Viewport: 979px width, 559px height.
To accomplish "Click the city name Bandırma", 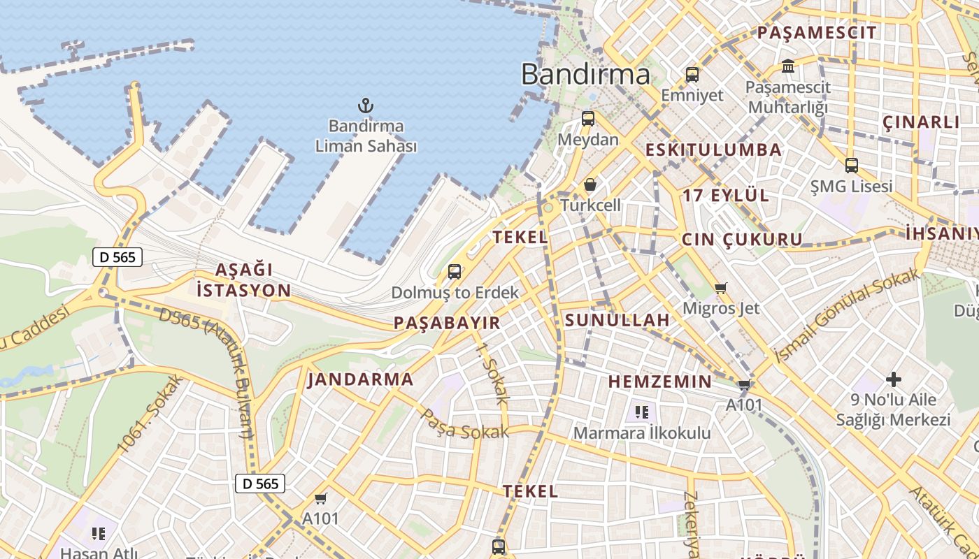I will click(585, 74).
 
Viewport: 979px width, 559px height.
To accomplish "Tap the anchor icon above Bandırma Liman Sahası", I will click(366, 106).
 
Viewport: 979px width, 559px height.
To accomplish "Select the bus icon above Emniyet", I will click(692, 75).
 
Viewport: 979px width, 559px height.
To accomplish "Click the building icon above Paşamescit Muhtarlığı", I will click(788, 66).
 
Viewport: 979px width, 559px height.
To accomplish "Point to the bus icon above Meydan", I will click(588, 119).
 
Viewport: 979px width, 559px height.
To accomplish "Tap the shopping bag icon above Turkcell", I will click(590, 184).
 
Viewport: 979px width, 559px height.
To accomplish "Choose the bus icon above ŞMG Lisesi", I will click(851, 166).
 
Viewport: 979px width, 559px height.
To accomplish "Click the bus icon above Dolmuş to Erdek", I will click(455, 272).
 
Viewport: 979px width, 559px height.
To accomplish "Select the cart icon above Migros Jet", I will click(721, 288).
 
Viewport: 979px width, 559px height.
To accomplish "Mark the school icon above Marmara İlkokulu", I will click(642, 412).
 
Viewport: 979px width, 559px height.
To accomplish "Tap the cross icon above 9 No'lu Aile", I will click(893, 379).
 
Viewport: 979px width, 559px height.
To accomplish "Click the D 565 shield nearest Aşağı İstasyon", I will click(117, 257).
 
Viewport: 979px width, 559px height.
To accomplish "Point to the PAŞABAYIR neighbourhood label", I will click(447, 323).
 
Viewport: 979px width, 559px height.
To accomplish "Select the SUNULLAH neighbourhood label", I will click(617, 321).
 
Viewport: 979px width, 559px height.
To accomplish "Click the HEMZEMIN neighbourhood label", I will click(659, 382).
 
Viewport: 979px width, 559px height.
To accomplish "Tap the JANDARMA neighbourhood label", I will click(360, 380).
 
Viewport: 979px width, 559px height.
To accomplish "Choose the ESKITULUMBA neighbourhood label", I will click(713, 150).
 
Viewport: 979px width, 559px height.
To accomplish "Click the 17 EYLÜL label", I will click(725, 196).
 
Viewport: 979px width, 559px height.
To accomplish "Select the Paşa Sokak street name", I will click(464, 426).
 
